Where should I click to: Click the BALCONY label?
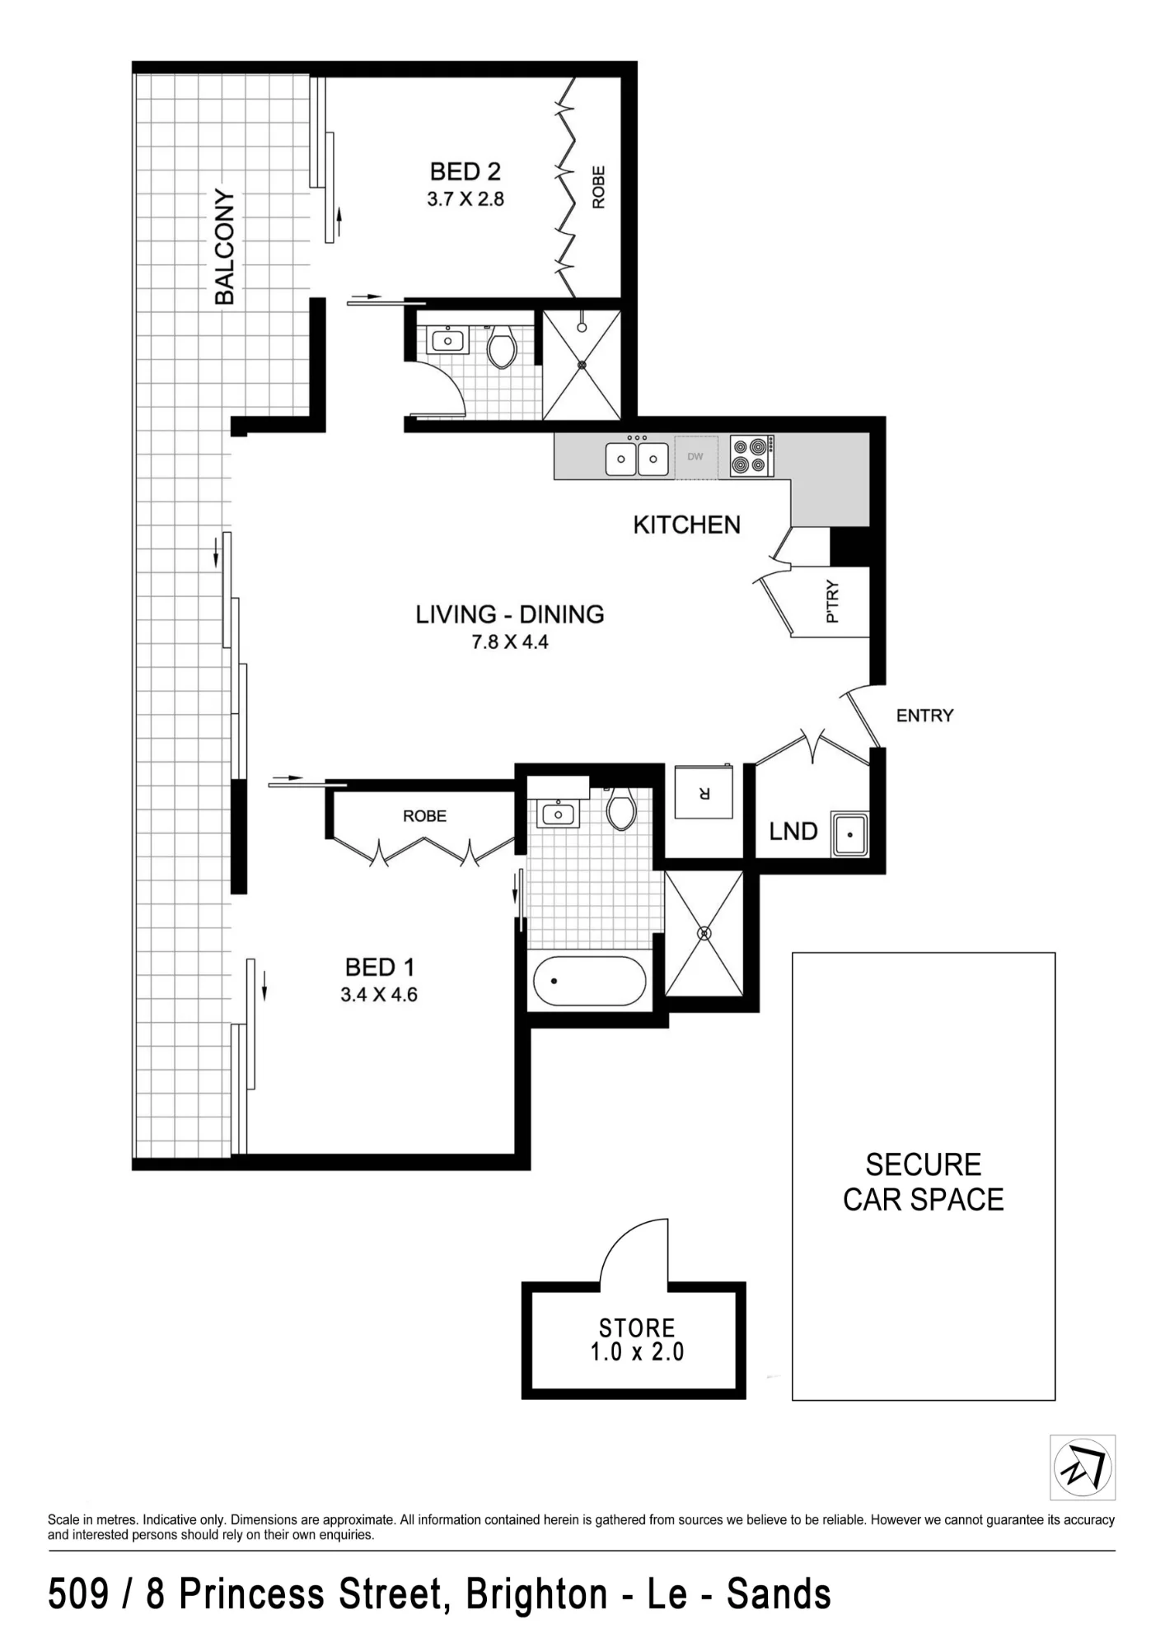pyautogui.click(x=224, y=247)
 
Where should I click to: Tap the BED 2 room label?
pyautogui.click(x=466, y=171)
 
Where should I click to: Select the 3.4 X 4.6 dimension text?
pyautogui.click(x=379, y=995)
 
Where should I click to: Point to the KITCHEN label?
pyautogui.click(x=686, y=525)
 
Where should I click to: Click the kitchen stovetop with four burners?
pyautogui.click(x=751, y=456)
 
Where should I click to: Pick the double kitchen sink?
pyautogui.click(x=637, y=458)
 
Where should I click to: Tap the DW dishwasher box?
pyautogui.click(x=695, y=456)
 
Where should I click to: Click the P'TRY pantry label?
pyautogui.click(x=832, y=602)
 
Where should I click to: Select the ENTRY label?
pyautogui.click(x=924, y=716)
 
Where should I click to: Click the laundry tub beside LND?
pyautogui.click(x=849, y=834)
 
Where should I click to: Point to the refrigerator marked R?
pyautogui.click(x=704, y=792)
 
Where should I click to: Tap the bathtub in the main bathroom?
pyautogui.click(x=589, y=981)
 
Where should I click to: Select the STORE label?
pyautogui.click(x=637, y=1327)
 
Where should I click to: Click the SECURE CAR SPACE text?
pyautogui.click(x=924, y=1183)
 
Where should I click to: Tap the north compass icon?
pyautogui.click(x=1083, y=1467)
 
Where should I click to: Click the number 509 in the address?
pyautogui.click(x=78, y=1594)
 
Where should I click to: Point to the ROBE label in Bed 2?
pyautogui.click(x=599, y=187)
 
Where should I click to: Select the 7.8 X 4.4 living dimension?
pyautogui.click(x=510, y=642)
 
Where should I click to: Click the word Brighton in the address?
pyautogui.click(x=536, y=1594)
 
